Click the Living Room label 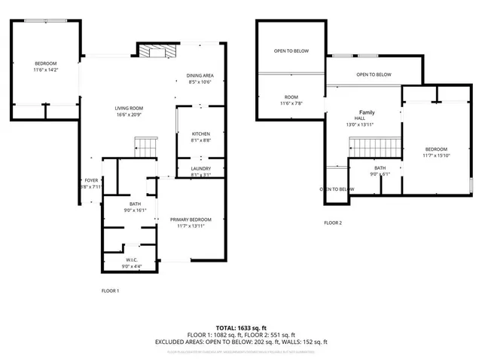(129, 109)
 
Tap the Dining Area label (200, 75)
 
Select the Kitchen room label (190, 133)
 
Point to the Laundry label (200, 168)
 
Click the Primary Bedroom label (190, 219)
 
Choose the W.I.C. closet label (131, 260)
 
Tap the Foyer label (91, 180)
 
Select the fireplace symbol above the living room (156, 51)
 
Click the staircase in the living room (145, 146)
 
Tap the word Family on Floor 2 (366, 112)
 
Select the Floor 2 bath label (380, 168)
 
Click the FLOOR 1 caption (110, 290)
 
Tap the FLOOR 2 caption (333, 222)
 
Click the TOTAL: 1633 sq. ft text (241, 328)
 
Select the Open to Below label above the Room (291, 51)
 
